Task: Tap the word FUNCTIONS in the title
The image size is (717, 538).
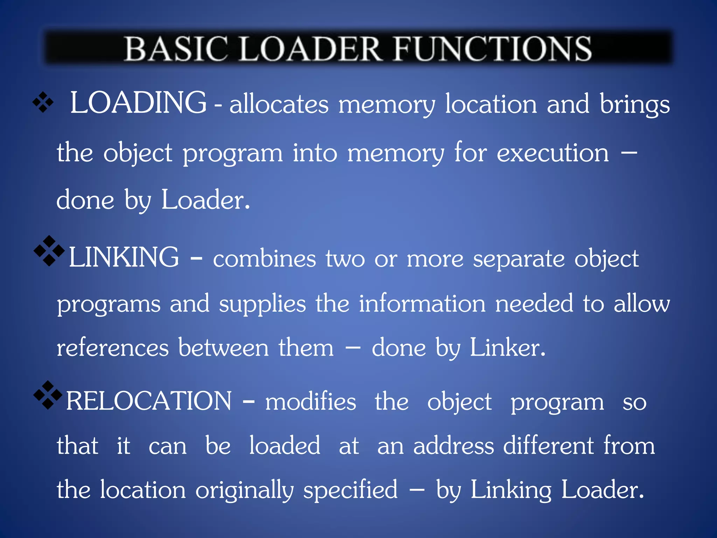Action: [x=493, y=49]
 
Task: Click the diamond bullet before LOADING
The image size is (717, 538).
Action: [x=43, y=102]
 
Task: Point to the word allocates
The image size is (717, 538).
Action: [x=279, y=104]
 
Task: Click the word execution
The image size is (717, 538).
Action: [x=553, y=153]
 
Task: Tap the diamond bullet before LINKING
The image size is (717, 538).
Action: [x=49, y=251]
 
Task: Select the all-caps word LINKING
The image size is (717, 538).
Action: [x=124, y=257]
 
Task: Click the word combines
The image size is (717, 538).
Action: [x=264, y=259]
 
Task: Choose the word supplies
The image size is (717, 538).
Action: [x=262, y=304]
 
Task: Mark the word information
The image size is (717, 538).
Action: [x=422, y=303]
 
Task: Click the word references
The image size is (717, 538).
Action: [x=113, y=348]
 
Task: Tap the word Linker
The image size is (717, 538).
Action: [x=507, y=348]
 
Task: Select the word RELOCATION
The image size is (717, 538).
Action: [x=149, y=401]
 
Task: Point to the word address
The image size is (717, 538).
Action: [x=453, y=446]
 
